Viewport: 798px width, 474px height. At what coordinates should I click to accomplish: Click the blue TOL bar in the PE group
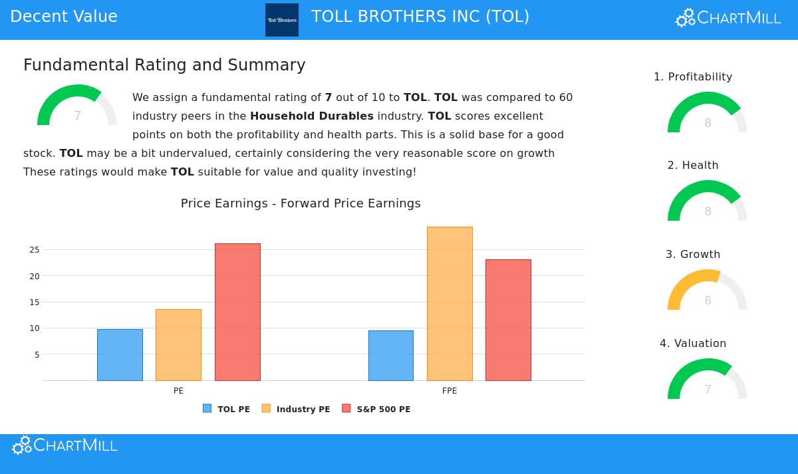(x=120, y=355)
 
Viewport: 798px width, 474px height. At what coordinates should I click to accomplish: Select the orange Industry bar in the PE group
(x=178, y=345)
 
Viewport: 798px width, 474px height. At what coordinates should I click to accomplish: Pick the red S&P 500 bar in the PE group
(x=237, y=312)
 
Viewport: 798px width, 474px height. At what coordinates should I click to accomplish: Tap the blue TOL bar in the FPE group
(x=391, y=356)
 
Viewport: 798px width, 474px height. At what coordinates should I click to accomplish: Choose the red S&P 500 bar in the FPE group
(x=508, y=320)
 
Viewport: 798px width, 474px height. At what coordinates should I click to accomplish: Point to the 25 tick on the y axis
(x=35, y=250)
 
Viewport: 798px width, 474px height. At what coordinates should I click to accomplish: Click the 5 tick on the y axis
(x=37, y=355)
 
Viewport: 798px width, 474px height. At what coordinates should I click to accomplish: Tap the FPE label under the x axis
(x=450, y=391)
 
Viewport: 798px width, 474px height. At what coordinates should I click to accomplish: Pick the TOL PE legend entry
(x=227, y=409)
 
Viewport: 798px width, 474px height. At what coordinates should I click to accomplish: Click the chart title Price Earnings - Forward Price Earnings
(x=301, y=203)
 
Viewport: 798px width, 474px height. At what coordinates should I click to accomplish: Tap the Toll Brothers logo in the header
(x=282, y=20)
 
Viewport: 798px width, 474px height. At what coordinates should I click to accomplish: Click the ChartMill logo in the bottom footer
(x=65, y=445)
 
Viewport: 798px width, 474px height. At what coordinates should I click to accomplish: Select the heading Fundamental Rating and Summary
(x=164, y=65)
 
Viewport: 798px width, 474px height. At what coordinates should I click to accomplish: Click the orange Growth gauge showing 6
(x=707, y=291)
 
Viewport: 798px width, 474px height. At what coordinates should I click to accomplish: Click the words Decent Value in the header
(x=64, y=17)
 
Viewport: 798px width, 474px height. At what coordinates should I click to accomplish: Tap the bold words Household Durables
(x=312, y=116)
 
